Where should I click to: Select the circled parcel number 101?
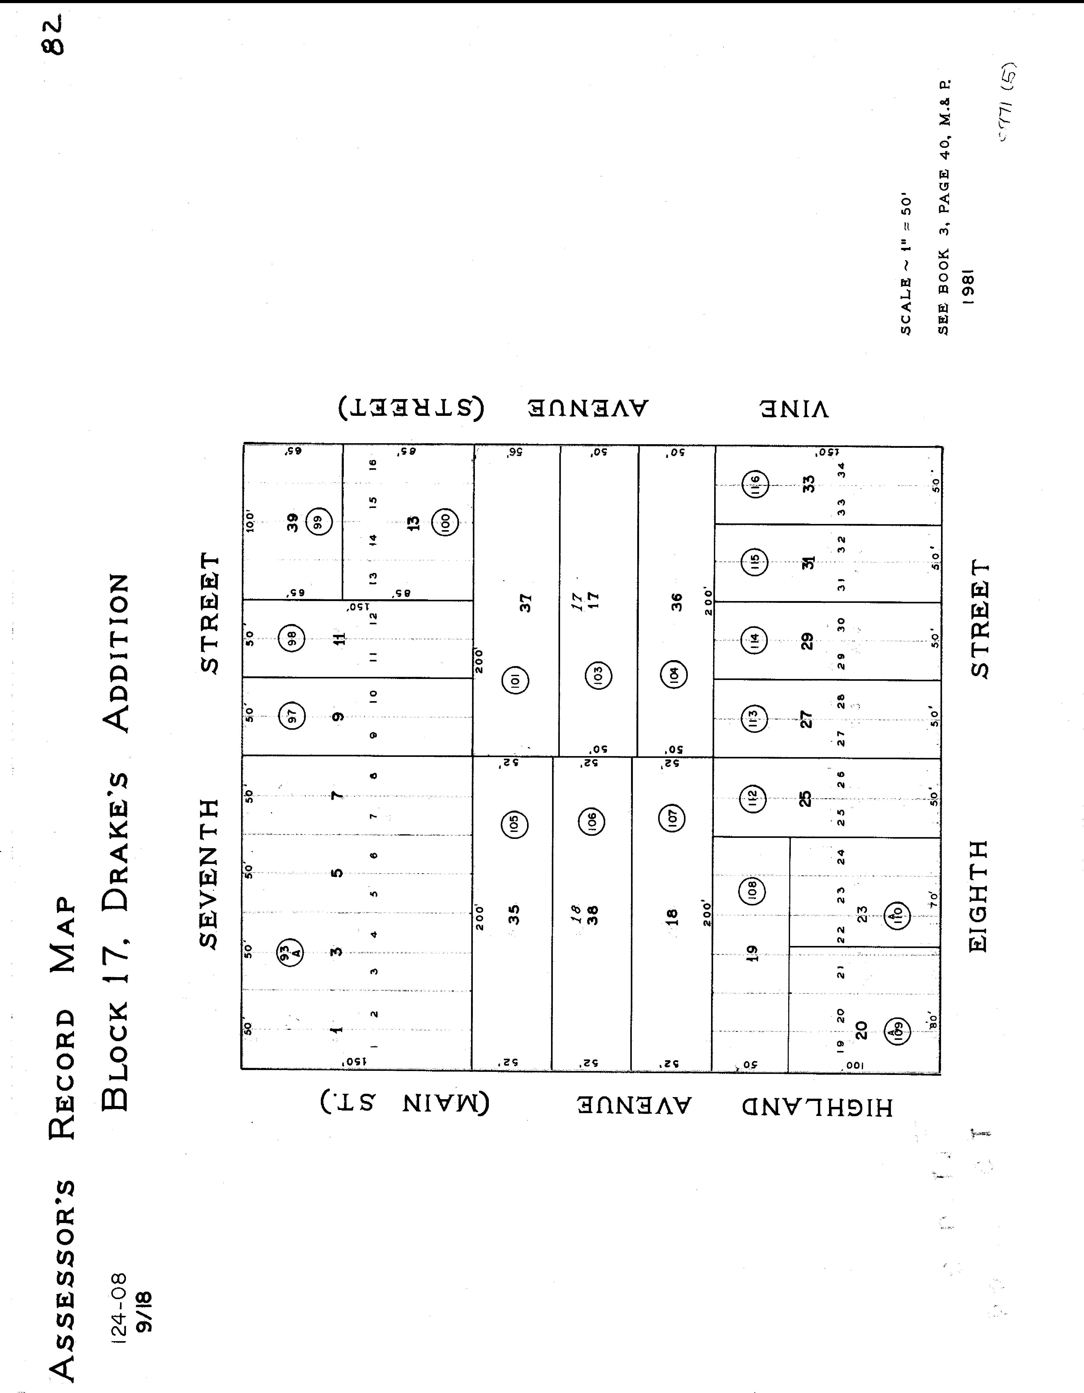point(515,680)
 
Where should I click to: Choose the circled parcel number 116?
point(756,485)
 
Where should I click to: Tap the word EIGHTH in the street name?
point(978,897)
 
